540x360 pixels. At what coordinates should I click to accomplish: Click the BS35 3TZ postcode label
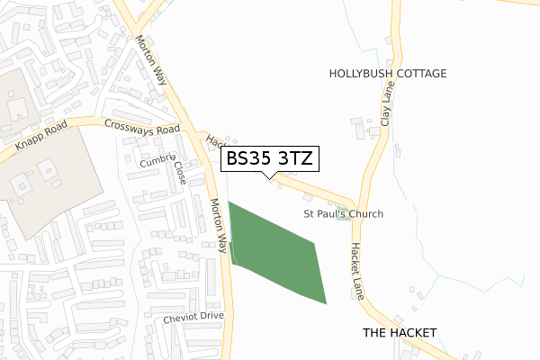pos(268,159)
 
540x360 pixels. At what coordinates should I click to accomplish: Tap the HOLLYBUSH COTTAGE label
pos(387,74)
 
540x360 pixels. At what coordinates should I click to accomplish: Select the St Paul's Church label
pos(343,214)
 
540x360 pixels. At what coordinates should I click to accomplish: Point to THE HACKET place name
pos(399,333)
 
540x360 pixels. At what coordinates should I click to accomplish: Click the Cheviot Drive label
pos(193,317)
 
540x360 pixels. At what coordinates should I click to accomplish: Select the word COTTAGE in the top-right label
pos(418,74)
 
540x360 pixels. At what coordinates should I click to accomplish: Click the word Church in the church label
pos(366,214)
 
